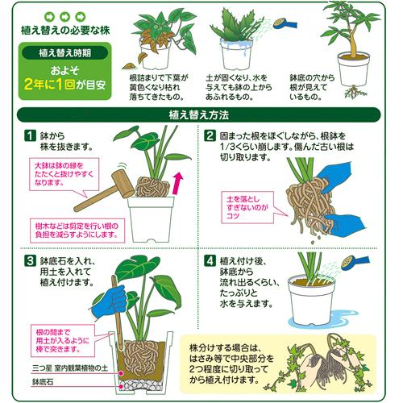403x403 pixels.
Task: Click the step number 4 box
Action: tap(210, 261)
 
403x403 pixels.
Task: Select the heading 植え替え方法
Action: tap(201, 115)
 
